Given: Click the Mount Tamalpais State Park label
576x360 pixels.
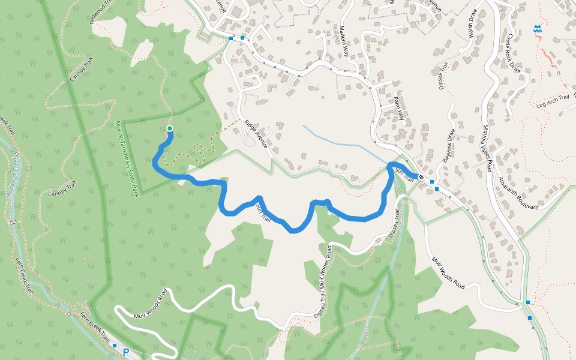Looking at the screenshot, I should click(x=127, y=158).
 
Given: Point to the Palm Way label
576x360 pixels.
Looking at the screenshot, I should click(x=398, y=108).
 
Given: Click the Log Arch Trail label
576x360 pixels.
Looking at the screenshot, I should click(x=552, y=101).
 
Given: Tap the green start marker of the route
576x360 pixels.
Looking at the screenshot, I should click(x=170, y=128).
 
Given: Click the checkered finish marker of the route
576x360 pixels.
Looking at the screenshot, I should click(x=422, y=177).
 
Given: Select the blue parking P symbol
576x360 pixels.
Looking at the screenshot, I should click(x=126, y=352).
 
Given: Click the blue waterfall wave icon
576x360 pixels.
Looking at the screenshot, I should click(x=538, y=28).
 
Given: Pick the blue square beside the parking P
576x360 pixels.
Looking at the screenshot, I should click(x=115, y=346).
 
